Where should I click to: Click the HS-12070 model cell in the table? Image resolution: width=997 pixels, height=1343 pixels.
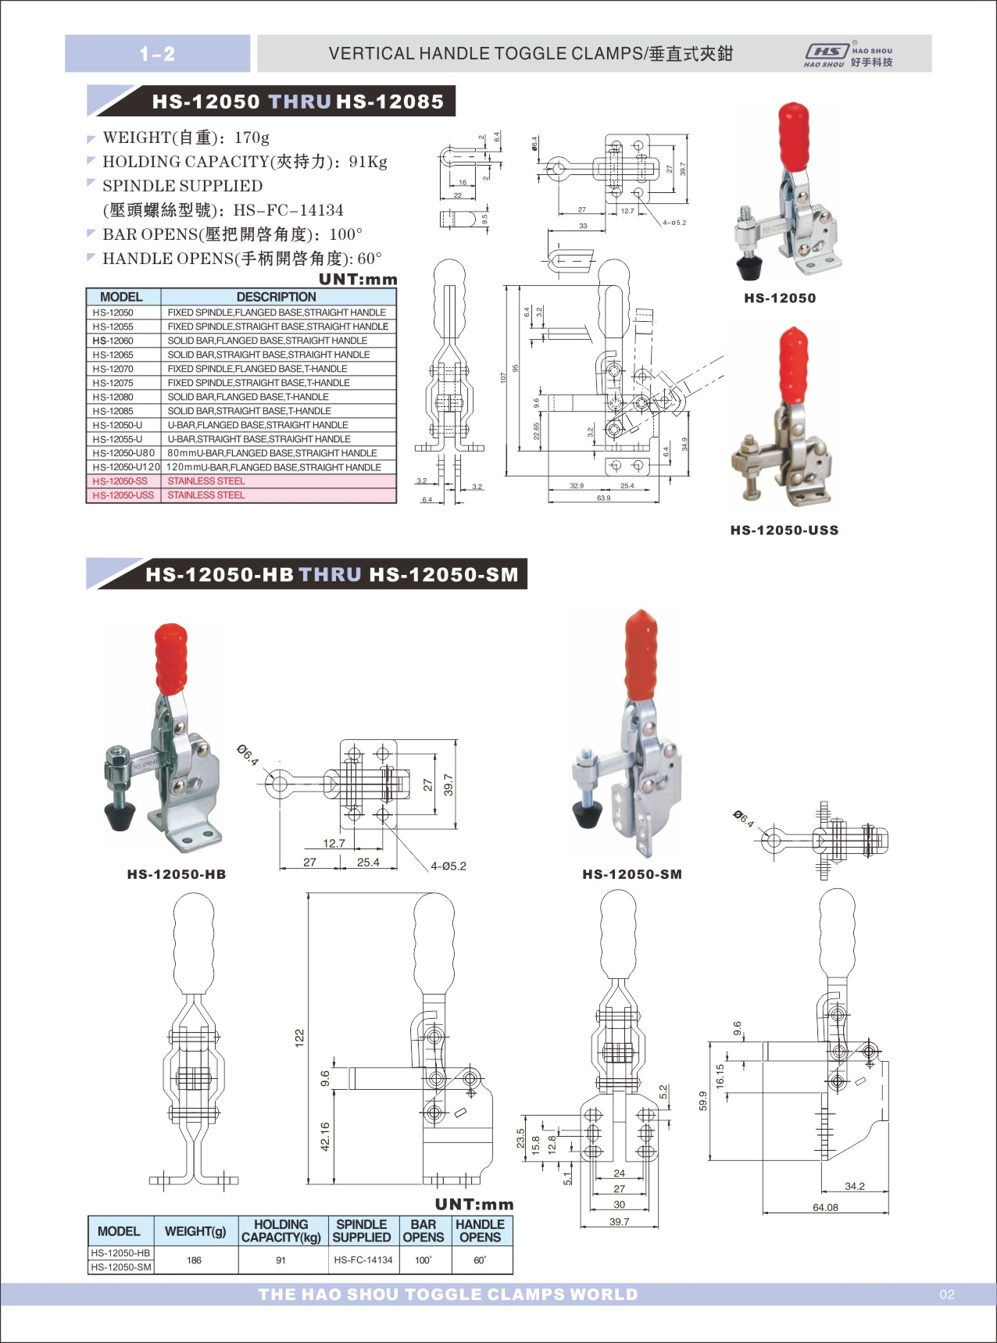coord(113,369)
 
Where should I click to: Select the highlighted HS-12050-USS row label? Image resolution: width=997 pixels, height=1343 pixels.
coord(123,495)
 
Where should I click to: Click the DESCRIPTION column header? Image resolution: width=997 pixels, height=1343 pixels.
coord(277,297)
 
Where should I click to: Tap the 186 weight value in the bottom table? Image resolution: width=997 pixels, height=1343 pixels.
coord(195,1260)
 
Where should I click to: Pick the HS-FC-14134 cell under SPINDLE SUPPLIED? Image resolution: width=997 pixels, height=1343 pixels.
coord(363,1260)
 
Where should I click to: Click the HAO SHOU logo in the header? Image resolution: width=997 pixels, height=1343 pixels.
coord(848,55)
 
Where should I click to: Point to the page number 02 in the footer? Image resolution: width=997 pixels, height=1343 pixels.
coord(947,1295)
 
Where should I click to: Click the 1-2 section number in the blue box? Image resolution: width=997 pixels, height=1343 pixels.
coord(157,54)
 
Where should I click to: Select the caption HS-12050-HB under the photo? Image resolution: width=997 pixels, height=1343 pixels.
coord(177,874)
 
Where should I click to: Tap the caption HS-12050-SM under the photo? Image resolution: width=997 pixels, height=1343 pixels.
coord(632,874)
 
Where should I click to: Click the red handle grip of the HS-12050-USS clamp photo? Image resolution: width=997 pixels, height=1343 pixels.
coord(793,363)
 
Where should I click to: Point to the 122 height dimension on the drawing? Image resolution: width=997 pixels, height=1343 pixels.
coord(299,1038)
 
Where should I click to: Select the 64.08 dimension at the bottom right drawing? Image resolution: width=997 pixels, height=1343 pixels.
coord(825,1207)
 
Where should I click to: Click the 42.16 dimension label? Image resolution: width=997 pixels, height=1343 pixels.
coord(325,1137)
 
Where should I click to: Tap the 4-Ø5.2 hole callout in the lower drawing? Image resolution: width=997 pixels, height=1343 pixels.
coord(448,866)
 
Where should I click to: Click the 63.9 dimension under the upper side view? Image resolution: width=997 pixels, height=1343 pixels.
coord(603,498)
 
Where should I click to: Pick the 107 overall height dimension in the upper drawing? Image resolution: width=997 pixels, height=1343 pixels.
coord(504,377)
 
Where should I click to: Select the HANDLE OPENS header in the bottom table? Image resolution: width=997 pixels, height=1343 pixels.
coord(480,1230)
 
